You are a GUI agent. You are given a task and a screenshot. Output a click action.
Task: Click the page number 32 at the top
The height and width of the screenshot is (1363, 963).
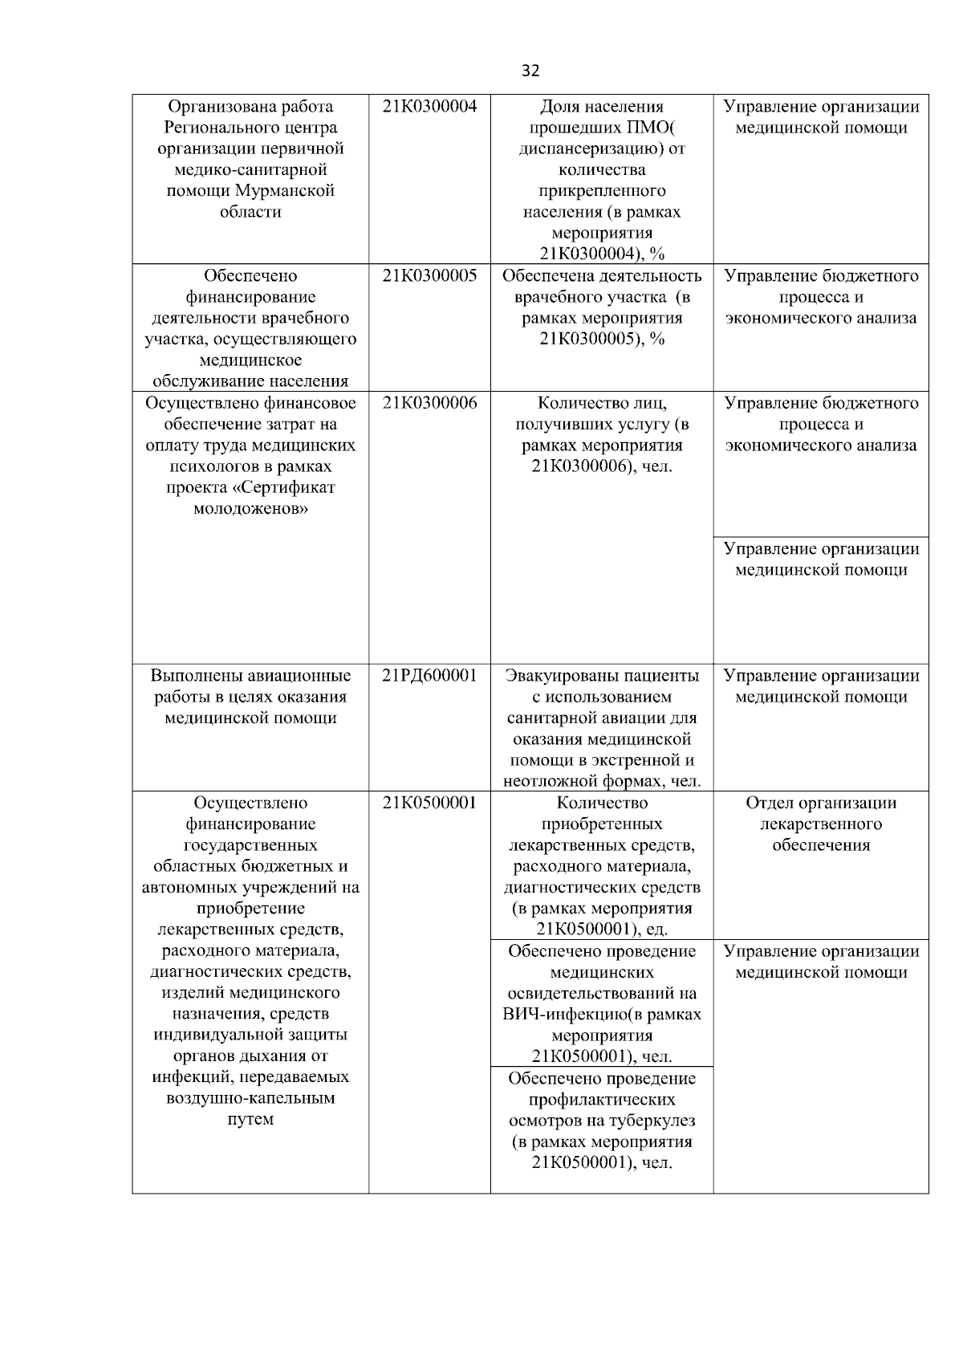tap(530, 71)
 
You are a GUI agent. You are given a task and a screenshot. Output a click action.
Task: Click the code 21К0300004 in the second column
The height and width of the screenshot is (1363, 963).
tap(429, 107)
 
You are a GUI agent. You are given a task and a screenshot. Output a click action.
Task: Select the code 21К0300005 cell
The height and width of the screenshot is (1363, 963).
tap(429, 276)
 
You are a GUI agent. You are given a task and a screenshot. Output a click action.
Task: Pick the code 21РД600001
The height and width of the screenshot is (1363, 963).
tap(429, 676)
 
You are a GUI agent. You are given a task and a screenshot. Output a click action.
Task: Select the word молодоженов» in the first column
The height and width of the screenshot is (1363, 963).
tap(250, 509)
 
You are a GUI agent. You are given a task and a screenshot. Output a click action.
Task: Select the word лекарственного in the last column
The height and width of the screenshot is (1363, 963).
tap(821, 824)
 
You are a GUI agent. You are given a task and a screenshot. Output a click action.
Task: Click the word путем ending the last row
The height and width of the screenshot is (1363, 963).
tap(250, 1119)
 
